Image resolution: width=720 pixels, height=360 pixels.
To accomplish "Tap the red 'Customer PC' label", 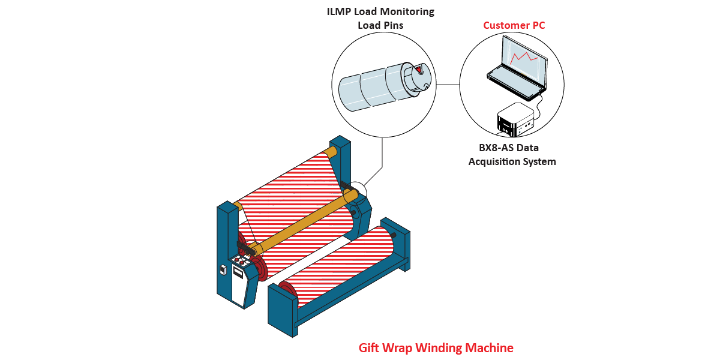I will pyautogui.click(x=514, y=25).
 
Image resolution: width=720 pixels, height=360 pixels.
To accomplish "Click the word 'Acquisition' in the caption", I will pyautogui.click(x=493, y=161).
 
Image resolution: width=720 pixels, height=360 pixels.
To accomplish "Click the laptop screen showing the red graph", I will pyautogui.click(x=526, y=58).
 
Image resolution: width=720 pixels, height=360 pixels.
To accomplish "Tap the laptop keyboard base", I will pyautogui.click(x=514, y=83).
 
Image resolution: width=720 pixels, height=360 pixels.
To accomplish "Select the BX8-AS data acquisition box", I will pyautogui.click(x=515, y=118).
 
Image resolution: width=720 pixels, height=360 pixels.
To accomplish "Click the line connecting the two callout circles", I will pyautogui.click(x=448, y=85).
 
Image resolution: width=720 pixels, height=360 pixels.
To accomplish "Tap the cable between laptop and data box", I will pyautogui.click(x=539, y=107).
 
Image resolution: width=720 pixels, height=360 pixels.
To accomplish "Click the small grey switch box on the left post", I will pyautogui.click(x=223, y=269).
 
